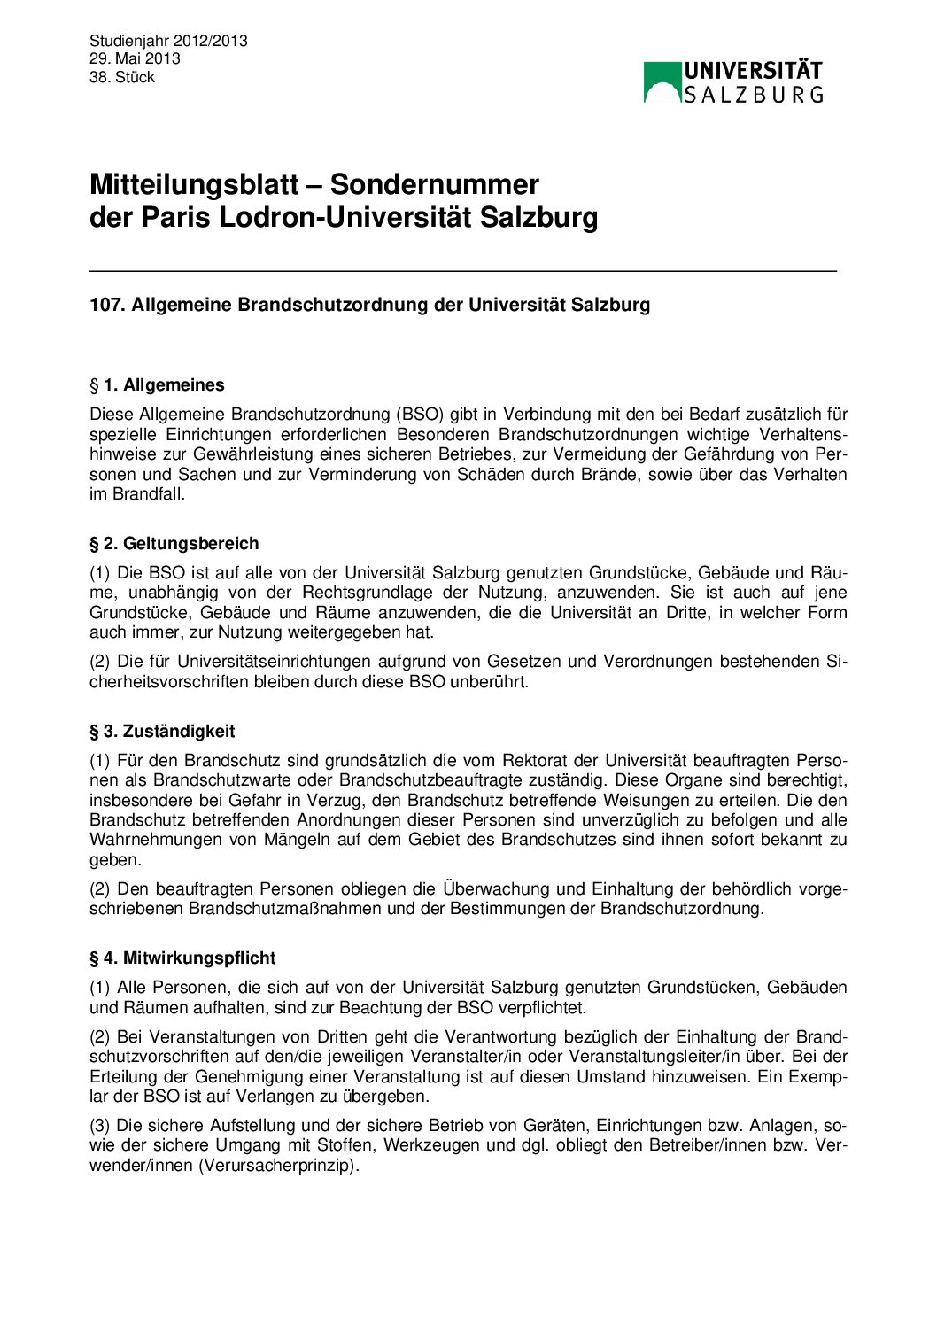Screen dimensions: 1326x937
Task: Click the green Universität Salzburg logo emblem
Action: [662, 82]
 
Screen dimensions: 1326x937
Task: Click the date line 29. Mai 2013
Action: [135, 58]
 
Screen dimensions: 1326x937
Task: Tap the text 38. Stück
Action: [122, 77]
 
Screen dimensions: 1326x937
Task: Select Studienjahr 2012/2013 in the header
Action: [168, 41]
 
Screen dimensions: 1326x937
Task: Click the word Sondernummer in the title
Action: [434, 184]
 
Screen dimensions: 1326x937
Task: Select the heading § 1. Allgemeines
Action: [157, 385]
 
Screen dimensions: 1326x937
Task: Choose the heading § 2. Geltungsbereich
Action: [174, 544]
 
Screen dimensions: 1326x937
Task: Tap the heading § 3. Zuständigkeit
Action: [162, 732]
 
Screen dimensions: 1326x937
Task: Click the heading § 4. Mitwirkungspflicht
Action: [182, 958]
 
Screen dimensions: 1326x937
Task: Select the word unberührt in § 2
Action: [492, 682]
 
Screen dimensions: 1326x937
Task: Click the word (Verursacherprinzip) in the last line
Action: [280, 1166]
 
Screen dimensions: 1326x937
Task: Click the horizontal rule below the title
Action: [463, 270]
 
